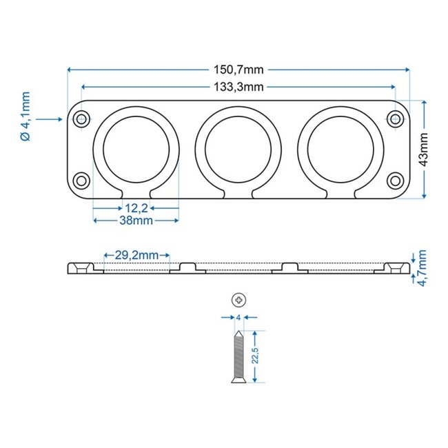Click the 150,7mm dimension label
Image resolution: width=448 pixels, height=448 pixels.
(x=238, y=70)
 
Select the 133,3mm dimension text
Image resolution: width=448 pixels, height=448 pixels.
(x=238, y=86)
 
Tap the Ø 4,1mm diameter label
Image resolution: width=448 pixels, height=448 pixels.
(x=26, y=119)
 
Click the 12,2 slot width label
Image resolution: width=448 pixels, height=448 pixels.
(x=136, y=207)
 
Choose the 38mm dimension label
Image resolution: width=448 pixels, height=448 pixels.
(x=136, y=221)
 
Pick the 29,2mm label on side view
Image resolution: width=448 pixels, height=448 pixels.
(x=136, y=255)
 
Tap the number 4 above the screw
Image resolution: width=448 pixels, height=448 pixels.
(x=238, y=318)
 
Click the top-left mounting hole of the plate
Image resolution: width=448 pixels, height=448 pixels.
(x=82, y=119)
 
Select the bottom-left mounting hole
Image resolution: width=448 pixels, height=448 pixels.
(x=82, y=181)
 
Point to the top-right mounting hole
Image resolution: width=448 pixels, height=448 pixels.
(x=395, y=119)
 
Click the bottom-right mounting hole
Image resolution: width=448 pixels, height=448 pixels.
(x=395, y=181)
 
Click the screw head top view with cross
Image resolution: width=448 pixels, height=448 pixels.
(x=238, y=300)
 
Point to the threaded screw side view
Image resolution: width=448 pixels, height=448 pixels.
(x=238, y=356)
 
